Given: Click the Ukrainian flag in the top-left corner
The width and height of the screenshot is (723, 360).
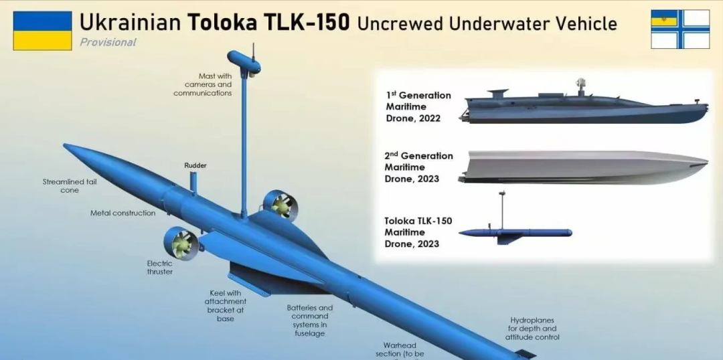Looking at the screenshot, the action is [42, 31].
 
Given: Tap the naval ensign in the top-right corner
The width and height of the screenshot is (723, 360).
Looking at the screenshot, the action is [680, 29].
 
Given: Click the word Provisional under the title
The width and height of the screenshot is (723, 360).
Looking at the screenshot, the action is [108, 42].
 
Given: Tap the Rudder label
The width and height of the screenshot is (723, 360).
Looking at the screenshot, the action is [195, 165].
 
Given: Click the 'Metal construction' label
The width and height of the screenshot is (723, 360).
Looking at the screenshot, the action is [123, 213].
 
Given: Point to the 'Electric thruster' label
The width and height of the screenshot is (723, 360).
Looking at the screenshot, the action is [160, 267].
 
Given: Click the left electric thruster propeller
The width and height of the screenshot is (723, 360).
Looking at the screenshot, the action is [181, 244].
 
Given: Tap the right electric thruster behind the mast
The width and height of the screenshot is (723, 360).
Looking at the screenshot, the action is [279, 205].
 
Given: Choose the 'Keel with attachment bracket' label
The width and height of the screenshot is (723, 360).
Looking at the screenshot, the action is [225, 306].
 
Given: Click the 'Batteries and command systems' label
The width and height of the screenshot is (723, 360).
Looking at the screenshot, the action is [310, 321].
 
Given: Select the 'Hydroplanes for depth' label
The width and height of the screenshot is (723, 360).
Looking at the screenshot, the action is [534, 329].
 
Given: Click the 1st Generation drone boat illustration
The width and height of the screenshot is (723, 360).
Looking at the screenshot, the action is [582, 107].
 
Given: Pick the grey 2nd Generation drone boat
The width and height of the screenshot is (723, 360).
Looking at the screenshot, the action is [582, 167].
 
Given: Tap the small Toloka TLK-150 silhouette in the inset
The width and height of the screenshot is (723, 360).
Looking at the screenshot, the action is [515, 233].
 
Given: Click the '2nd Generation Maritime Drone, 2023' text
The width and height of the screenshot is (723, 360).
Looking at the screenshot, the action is [418, 167].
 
